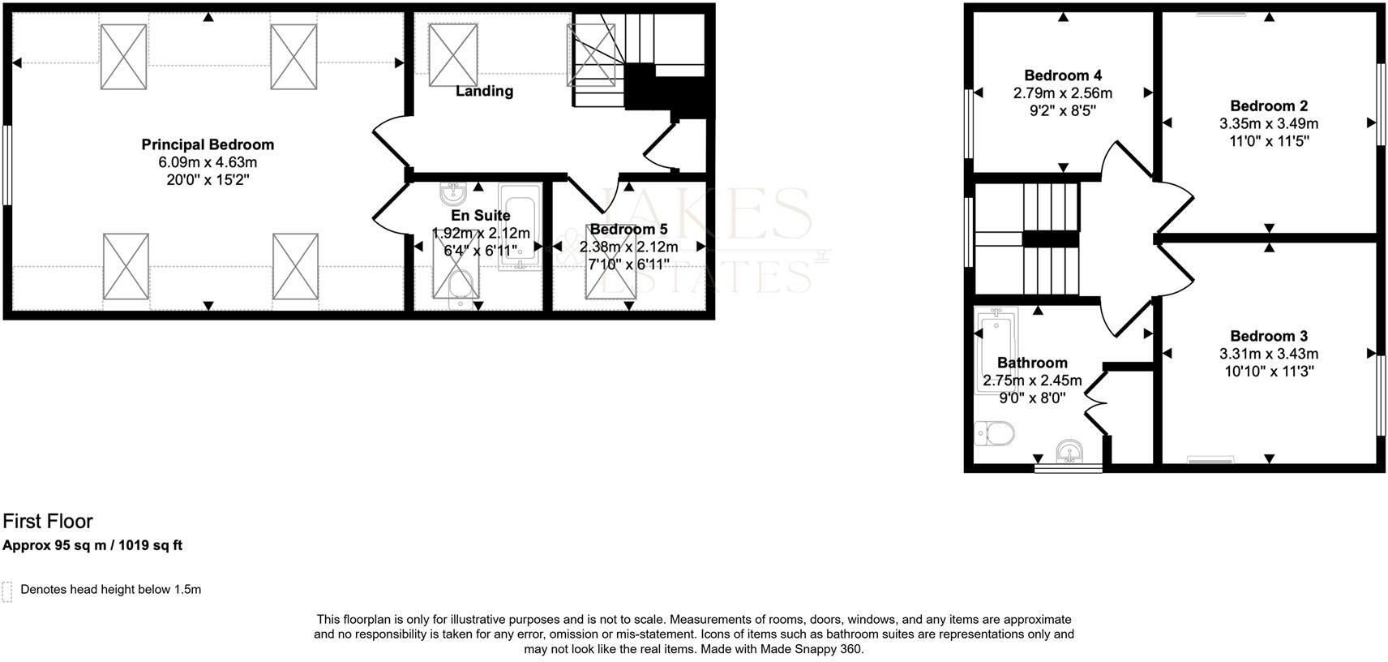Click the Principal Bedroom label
click(208, 144)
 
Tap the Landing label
click(484, 91)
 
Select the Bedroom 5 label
click(628, 230)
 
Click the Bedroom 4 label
click(1062, 75)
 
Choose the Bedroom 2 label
click(1269, 105)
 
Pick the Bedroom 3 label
click(1269, 336)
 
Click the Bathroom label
click(1032, 363)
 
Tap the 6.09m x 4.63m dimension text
click(208, 162)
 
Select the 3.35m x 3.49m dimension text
click(1269, 124)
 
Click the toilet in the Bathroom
click(995, 433)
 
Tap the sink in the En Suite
click(452, 195)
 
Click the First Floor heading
click(48, 521)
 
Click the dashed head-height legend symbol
click(7, 591)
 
